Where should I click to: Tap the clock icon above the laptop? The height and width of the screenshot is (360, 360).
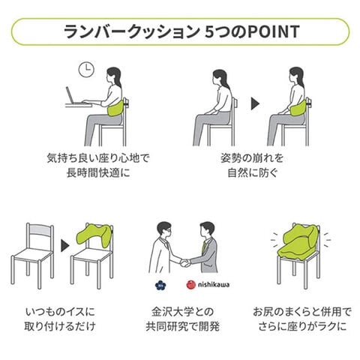click(x=86, y=70)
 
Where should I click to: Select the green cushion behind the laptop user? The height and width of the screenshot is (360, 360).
click(x=115, y=108)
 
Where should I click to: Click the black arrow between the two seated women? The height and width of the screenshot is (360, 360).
click(x=256, y=103)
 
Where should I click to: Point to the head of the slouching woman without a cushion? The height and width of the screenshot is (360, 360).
click(x=220, y=77)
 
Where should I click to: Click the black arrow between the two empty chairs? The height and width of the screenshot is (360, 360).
click(x=65, y=246)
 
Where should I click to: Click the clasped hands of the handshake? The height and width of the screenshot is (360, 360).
click(x=185, y=262)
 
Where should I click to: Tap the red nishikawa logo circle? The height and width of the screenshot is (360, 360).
click(x=190, y=284)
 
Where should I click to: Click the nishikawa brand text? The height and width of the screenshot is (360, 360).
click(x=214, y=285)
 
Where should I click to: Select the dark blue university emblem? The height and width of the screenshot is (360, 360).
click(x=160, y=285)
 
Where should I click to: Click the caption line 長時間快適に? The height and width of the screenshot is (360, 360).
click(x=98, y=172)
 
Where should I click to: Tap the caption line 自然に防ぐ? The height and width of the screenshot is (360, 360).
click(x=253, y=172)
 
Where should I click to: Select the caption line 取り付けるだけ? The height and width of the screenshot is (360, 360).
click(x=60, y=326)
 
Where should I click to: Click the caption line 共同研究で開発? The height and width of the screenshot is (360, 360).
click(x=183, y=326)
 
